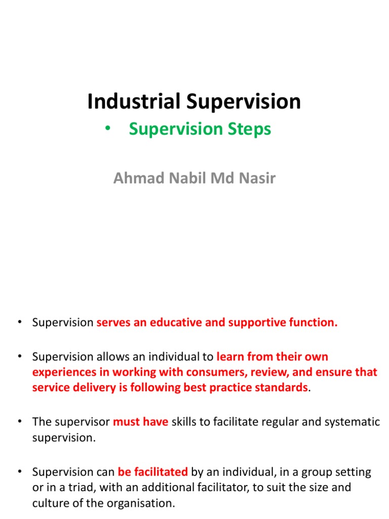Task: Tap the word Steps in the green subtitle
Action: point(248,129)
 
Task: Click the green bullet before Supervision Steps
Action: point(107,129)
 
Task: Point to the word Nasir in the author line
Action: point(260,179)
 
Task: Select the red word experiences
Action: point(65,373)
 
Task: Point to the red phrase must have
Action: point(140,422)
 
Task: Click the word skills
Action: point(184,422)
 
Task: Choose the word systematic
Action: point(351,422)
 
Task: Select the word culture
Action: point(49,503)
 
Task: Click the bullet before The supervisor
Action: point(19,422)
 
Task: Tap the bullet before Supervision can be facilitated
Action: point(19,472)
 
